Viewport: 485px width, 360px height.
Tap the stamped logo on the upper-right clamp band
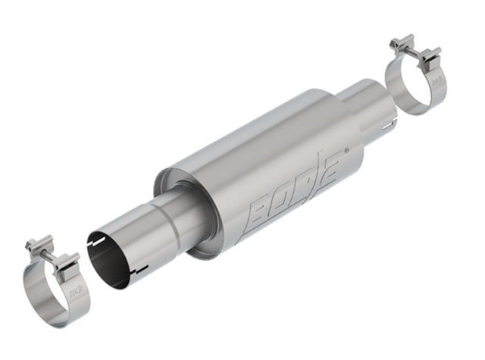[x=439, y=83]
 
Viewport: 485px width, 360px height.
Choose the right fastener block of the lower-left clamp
[x=67, y=261]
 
